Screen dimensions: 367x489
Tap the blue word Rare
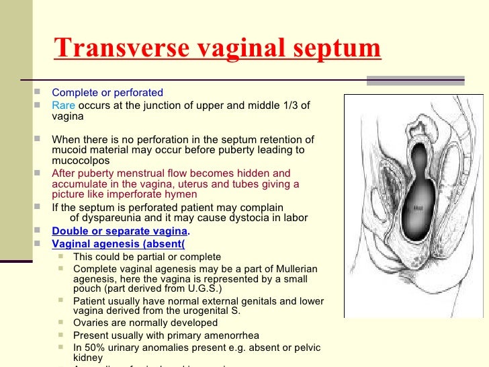63,105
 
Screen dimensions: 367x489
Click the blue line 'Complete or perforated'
107,92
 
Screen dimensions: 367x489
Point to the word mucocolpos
81,161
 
